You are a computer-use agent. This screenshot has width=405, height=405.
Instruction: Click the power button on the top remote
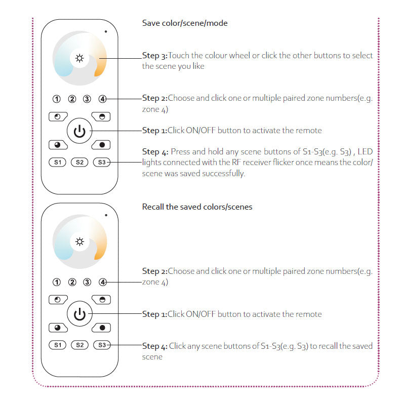[x=79, y=131]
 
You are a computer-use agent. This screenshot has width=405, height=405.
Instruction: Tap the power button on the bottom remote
[x=79, y=314]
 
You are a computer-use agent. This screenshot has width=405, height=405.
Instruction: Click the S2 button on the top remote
[x=79, y=162]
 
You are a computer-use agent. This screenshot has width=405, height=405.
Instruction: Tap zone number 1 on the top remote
[x=57, y=99]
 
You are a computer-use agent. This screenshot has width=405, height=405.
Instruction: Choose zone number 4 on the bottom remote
[x=103, y=282]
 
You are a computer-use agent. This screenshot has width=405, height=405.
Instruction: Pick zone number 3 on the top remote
[x=88, y=99]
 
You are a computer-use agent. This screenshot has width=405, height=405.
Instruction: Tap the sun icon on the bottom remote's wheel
[x=79, y=241]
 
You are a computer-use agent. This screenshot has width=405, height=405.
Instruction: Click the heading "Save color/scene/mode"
[x=184, y=23]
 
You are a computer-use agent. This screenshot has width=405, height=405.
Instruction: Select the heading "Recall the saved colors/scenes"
[x=197, y=207]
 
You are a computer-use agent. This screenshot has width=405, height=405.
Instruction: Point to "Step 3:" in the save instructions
[x=154, y=56]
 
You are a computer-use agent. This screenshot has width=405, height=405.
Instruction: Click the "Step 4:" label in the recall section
[x=154, y=346]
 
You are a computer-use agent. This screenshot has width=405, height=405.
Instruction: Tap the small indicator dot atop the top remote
[x=106, y=31]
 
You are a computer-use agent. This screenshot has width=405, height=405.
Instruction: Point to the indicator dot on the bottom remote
[x=106, y=215]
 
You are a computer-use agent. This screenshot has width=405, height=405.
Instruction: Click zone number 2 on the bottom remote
[x=72, y=282]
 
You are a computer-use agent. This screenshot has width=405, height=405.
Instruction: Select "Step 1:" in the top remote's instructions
[x=154, y=131]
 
